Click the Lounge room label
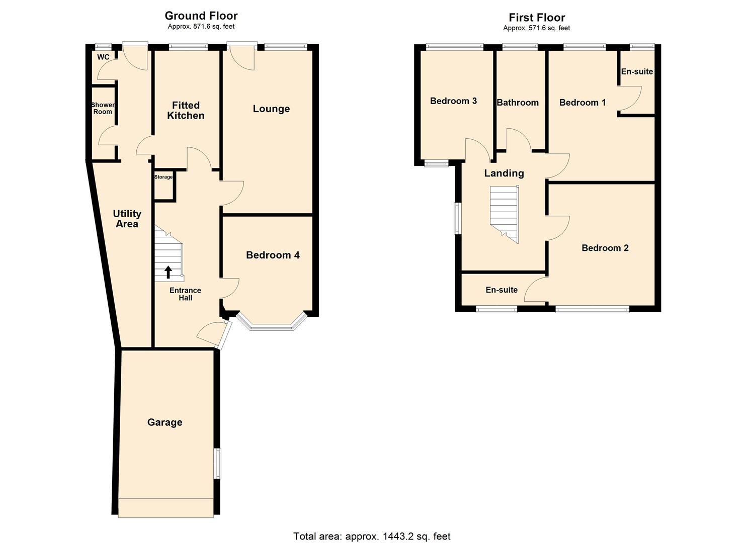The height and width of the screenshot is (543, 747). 271,109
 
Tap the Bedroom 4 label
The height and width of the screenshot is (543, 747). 273,255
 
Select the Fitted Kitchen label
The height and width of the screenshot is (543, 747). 186,110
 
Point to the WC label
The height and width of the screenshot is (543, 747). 103,57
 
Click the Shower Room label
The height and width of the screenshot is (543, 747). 103,108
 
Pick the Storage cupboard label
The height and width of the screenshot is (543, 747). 163,177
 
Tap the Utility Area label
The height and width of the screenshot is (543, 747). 127,219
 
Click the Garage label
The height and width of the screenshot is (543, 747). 164,422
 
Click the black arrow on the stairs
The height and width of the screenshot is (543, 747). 168,272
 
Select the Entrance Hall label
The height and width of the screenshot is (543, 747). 185,294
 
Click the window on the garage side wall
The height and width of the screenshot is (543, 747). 218,463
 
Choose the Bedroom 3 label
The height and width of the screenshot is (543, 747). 453,101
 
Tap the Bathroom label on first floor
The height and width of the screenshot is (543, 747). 518,103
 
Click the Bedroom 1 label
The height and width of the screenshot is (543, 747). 583,103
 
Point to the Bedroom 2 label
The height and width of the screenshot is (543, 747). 605,248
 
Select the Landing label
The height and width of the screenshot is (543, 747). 504,173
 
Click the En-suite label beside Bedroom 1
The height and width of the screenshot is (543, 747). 636,71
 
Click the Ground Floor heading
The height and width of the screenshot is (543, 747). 201,16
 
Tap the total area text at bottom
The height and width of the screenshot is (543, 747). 372,536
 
